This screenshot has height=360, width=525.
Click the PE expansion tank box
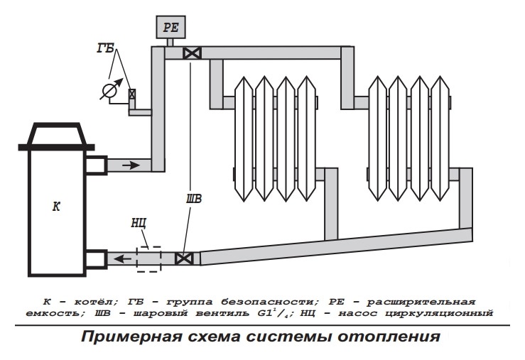(x=170, y=29)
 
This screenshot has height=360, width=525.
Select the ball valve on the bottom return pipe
(x=185, y=258)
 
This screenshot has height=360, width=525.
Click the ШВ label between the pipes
(x=193, y=199)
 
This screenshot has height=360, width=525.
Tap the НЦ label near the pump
(x=139, y=223)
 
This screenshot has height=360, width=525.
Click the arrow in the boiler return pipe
(x=124, y=258)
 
